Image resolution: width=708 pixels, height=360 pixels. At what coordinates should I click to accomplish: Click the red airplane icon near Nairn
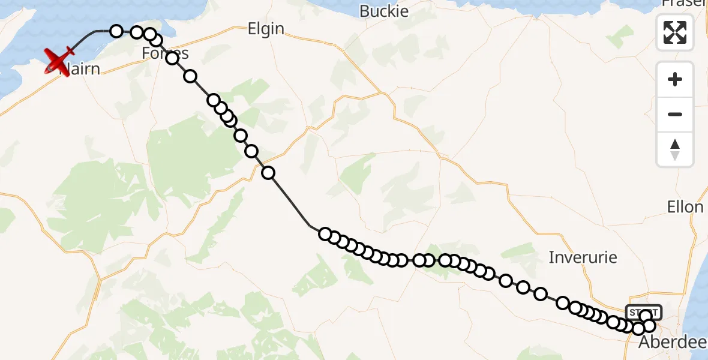coord(59,60)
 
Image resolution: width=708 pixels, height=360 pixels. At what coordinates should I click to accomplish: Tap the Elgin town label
coord(266,29)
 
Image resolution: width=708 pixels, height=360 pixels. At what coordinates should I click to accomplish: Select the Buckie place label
coord(383,11)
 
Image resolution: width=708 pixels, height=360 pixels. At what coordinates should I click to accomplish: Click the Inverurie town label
coord(583,257)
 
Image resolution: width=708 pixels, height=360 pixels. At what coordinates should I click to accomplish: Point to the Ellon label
coord(685,207)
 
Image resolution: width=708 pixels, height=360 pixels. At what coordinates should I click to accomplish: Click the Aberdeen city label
coord(672,343)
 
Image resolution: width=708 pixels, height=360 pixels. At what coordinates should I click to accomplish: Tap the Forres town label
coord(165,53)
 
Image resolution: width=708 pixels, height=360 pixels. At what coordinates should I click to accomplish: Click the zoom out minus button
coord(675,114)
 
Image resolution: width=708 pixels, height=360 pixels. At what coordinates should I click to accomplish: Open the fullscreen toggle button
coord(675,32)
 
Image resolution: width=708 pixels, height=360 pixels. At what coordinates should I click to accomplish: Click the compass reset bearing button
coord(675,149)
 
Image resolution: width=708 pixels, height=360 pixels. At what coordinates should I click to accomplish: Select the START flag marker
coord(643,312)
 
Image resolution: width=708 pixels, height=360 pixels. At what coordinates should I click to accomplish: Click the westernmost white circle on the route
coord(116,31)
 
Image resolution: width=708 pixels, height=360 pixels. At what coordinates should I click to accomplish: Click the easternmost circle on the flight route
coord(649,326)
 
